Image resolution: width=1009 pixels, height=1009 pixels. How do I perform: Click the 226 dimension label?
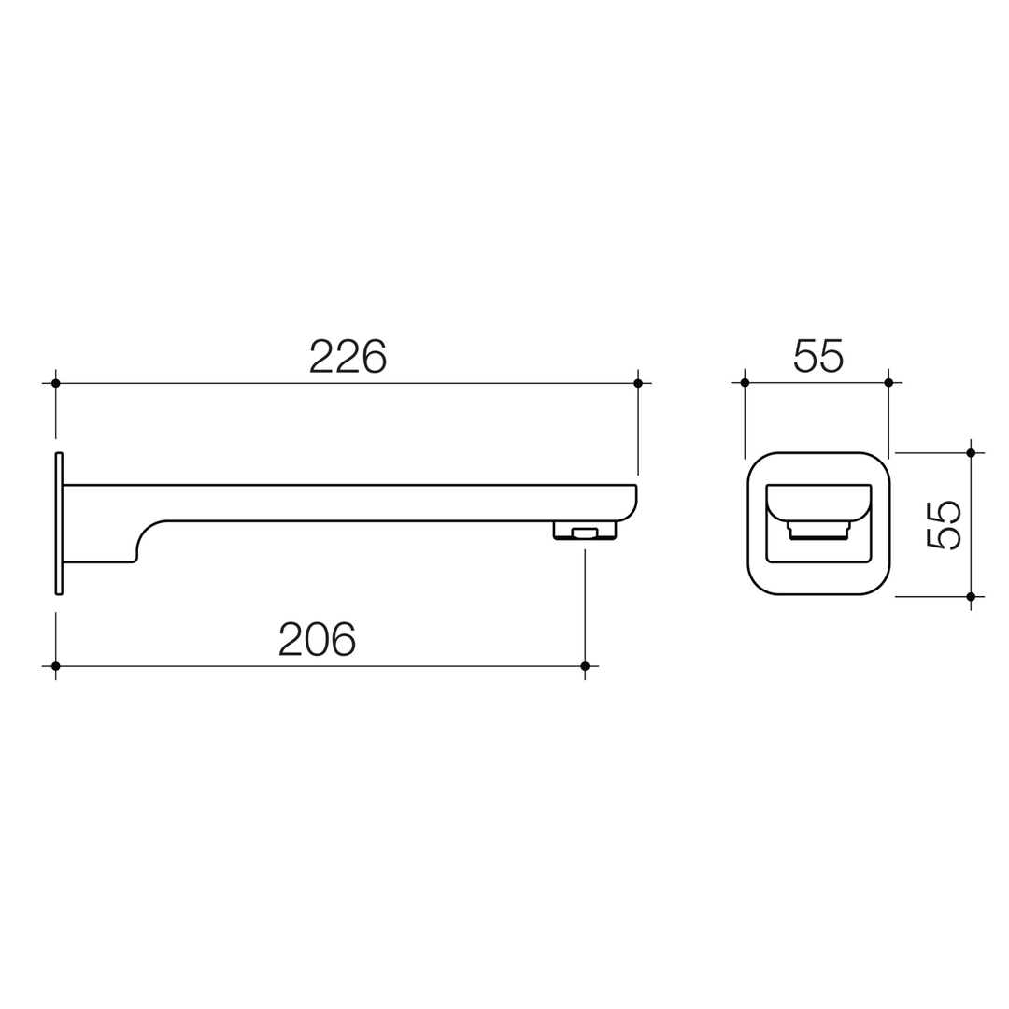click(x=348, y=356)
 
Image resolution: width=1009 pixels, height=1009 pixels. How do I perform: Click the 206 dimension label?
click(x=318, y=639)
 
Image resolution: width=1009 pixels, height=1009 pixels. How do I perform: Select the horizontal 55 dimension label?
click(x=818, y=356)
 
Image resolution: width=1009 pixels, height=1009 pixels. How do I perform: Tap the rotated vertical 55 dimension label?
click(x=944, y=524)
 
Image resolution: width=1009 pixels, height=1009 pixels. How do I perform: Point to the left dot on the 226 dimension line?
click(x=56, y=383)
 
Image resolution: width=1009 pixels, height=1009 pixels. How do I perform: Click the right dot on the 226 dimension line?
click(x=638, y=383)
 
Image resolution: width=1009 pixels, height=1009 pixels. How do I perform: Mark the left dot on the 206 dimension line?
click(x=56, y=666)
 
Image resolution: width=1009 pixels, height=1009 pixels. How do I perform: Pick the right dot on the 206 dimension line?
click(x=585, y=666)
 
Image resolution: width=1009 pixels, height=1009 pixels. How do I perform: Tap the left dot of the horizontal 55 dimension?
click(x=745, y=382)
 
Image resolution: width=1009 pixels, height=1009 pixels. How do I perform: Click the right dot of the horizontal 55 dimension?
click(x=888, y=382)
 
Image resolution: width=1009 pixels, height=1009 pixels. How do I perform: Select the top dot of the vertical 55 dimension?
click(x=971, y=453)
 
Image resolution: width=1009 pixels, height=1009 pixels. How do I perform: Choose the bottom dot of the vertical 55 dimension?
click(x=971, y=596)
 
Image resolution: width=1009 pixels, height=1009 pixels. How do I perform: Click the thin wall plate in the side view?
click(x=59, y=523)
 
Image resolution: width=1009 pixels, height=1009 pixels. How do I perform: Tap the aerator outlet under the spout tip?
click(x=585, y=533)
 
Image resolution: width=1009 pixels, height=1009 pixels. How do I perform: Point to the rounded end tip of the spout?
click(x=628, y=504)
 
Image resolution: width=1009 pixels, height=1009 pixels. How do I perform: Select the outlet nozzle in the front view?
click(x=818, y=531)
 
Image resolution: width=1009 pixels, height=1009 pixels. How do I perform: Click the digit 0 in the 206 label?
click(x=318, y=639)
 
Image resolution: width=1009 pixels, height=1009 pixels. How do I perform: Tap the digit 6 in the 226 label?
click(x=375, y=356)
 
